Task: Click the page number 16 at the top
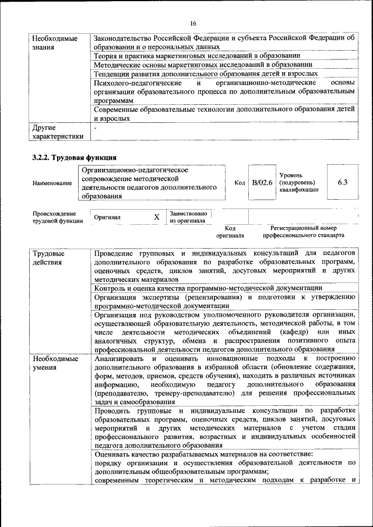coord(193,23)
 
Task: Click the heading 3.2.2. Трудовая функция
coord(74,157)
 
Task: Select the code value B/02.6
coord(262,182)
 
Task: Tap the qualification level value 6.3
coord(343,182)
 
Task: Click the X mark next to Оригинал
coord(156,217)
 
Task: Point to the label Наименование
coord(52,183)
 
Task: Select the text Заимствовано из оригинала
coord(188,217)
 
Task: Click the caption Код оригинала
coord(230,232)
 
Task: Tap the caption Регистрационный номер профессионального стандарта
coord(303,232)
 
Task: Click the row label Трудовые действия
coord(48,258)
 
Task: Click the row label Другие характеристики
coord(57,132)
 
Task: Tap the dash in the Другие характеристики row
coord(96,126)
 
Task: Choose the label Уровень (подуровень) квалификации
coord(298,182)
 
